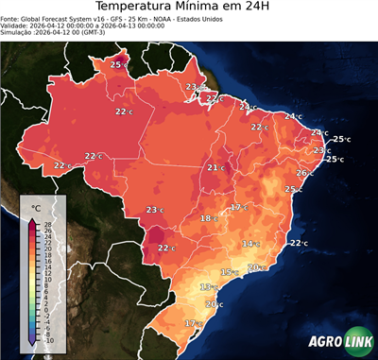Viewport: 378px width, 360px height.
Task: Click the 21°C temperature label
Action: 215,168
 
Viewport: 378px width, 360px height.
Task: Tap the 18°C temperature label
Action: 208,218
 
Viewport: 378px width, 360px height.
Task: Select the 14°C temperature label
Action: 249,244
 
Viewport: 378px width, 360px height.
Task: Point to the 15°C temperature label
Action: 229,272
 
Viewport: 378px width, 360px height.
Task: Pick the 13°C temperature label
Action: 208,286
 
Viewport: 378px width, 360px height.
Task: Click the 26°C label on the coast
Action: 305,173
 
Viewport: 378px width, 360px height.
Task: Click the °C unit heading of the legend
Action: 36,207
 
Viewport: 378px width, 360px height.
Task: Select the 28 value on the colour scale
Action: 47,223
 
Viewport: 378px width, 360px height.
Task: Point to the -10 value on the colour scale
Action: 48,340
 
